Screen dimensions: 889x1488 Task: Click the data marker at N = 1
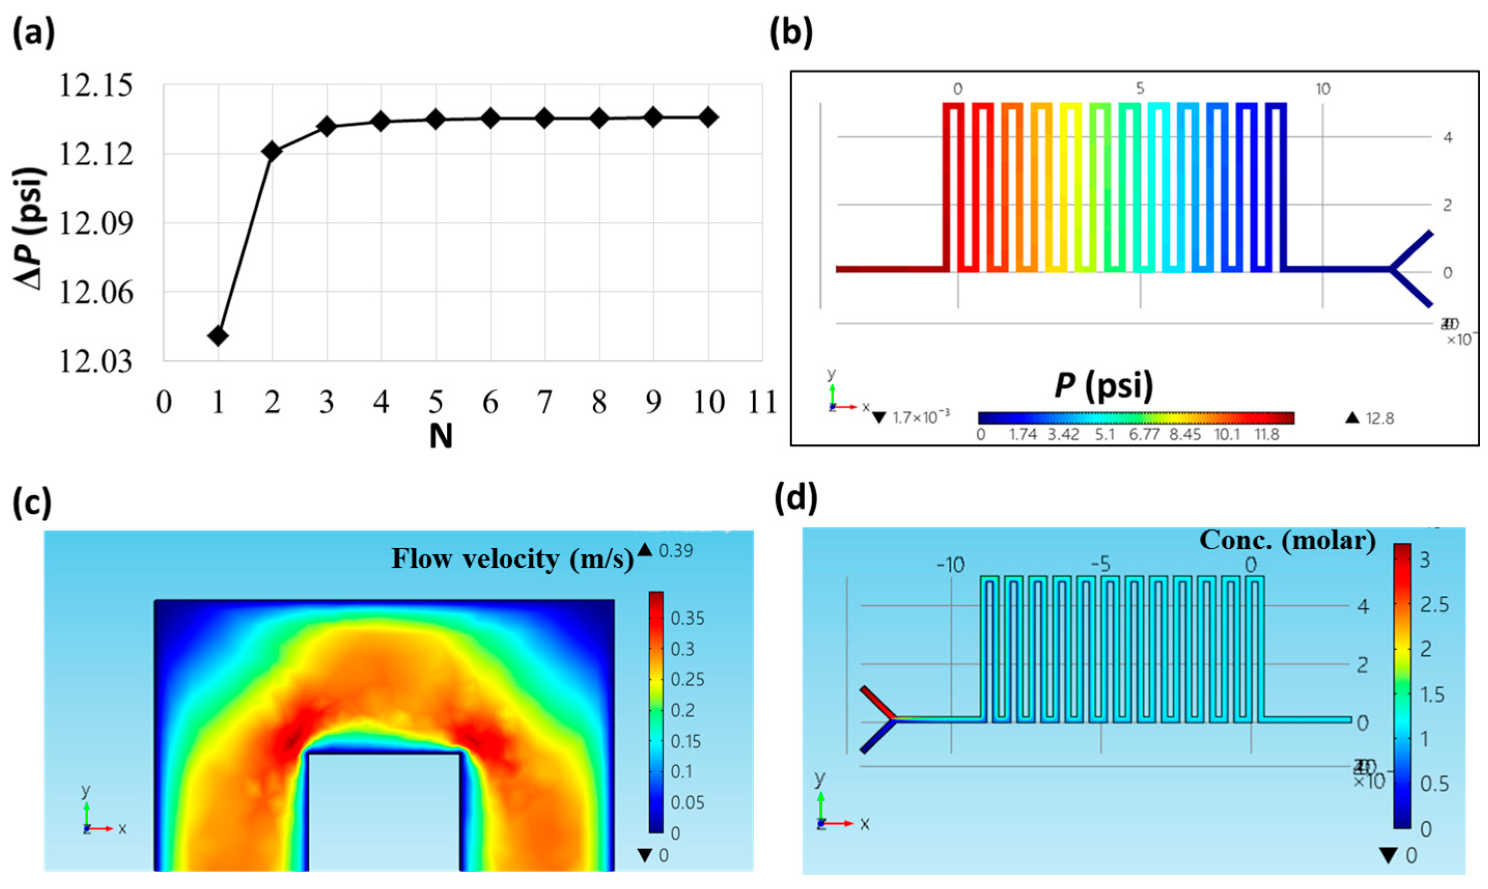[218, 336]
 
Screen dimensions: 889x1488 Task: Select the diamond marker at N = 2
[272, 151]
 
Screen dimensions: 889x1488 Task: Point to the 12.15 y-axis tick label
[95, 85]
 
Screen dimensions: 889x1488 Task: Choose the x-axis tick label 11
[762, 403]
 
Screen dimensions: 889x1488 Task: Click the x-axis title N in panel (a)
[441, 437]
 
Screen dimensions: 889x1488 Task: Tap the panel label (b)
[791, 33]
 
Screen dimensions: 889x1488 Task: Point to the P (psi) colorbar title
[1104, 385]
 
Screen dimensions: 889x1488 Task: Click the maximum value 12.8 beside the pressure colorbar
[1380, 419]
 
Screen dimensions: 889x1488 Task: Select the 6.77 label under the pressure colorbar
[1144, 435]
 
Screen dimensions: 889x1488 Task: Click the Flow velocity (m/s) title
[513, 559]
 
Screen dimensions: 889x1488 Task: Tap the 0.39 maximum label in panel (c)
[676, 551]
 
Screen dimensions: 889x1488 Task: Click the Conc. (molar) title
[1287, 540]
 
